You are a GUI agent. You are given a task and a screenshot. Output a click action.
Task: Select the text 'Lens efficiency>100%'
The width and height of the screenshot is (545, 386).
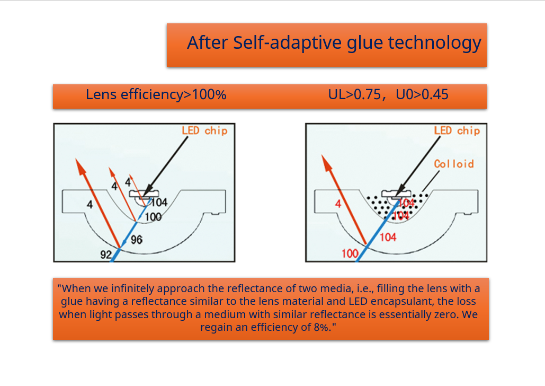156,95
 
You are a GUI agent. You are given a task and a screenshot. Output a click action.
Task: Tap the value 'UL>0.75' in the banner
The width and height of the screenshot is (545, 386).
354,95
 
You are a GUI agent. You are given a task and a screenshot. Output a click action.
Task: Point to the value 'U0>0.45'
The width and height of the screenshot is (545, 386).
422,95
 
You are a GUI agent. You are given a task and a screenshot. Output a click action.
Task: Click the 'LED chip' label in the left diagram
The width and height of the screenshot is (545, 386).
205,131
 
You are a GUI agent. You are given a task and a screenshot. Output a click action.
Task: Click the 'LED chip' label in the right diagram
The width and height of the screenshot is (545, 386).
457,131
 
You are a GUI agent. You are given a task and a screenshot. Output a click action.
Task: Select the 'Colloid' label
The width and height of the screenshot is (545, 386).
454,164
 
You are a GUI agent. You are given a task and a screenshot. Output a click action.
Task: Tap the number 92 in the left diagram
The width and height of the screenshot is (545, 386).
106,255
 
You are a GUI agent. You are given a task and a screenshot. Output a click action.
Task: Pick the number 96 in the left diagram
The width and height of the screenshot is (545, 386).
137,240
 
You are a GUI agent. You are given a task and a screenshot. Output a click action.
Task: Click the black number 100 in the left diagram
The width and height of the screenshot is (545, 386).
153,217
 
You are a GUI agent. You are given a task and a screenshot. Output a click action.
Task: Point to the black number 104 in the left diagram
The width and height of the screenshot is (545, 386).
159,202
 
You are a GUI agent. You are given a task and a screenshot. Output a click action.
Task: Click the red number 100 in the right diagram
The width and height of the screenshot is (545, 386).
350,253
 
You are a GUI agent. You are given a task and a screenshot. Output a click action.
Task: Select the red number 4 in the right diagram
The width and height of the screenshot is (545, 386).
338,204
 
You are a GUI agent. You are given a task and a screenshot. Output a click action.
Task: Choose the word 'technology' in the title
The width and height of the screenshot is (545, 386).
434,43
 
